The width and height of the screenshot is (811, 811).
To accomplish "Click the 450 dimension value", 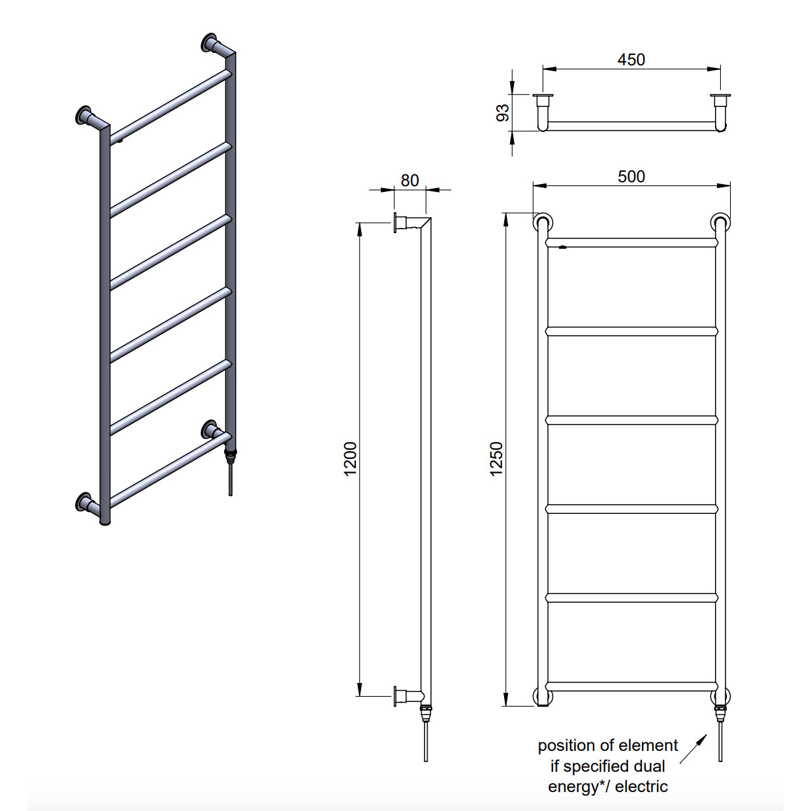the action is (631, 60).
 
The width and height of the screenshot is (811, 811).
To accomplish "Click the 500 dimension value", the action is (631, 177).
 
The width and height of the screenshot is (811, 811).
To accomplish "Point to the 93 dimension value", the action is (503, 113).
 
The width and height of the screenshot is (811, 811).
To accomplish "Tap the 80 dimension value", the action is (409, 181).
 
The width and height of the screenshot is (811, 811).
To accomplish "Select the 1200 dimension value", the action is (350, 459).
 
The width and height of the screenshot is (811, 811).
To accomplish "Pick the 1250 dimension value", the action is (497, 459).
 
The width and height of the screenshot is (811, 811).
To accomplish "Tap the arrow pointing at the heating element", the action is (693, 749).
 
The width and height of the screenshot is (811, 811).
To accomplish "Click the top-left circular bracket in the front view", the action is (543, 223).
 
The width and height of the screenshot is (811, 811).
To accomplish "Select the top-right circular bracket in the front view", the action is (720, 223).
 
